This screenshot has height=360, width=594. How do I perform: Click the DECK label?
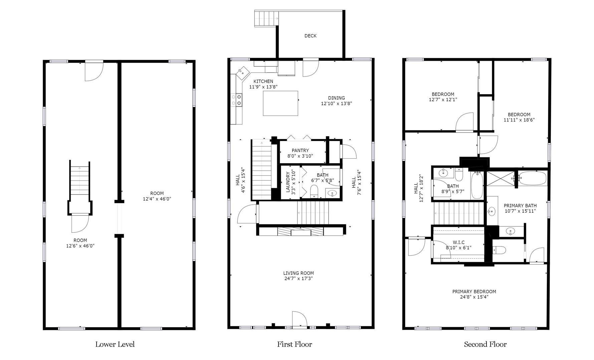[x=310, y=36]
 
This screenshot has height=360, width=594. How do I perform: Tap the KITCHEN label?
[x=263, y=81]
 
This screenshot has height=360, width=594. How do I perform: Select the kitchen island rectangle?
[x=280, y=103]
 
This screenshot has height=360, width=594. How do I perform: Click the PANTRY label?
[x=300, y=150]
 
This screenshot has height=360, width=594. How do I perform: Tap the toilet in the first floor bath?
[x=314, y=191]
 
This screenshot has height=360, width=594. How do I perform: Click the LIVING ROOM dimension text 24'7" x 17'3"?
[x=298, y=279]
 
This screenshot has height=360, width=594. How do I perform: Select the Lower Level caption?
[x=115, y=344]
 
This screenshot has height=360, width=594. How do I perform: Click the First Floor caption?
[x=294, y=344]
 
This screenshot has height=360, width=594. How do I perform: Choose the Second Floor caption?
[x=485, y=344]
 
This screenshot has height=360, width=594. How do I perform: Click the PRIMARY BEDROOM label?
[x=474, y=292]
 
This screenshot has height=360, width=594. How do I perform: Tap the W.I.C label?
[x=458, y=242]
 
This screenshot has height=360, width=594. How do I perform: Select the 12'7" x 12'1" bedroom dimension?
[x=443, y=100]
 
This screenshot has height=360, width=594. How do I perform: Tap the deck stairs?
[x=266, y=18]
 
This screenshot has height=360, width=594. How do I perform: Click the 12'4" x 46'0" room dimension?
[x=157, y=199]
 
